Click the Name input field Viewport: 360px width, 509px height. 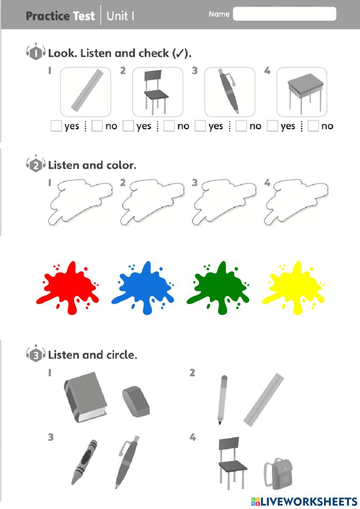coord(284,14)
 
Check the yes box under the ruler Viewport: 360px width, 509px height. coord(56,126)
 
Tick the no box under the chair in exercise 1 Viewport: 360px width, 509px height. coord(169,126)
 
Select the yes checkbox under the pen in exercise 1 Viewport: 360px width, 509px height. coord(200,126)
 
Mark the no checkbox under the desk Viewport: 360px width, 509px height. coord(313,126)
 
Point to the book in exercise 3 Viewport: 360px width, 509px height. coord(86,397)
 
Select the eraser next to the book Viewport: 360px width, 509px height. coord(136,401)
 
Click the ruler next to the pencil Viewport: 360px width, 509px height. coord(264,400)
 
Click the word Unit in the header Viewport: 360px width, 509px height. coord(117,16)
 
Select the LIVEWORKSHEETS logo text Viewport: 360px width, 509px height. coord(308,502)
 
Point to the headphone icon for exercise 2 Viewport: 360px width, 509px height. coord(36,165)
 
